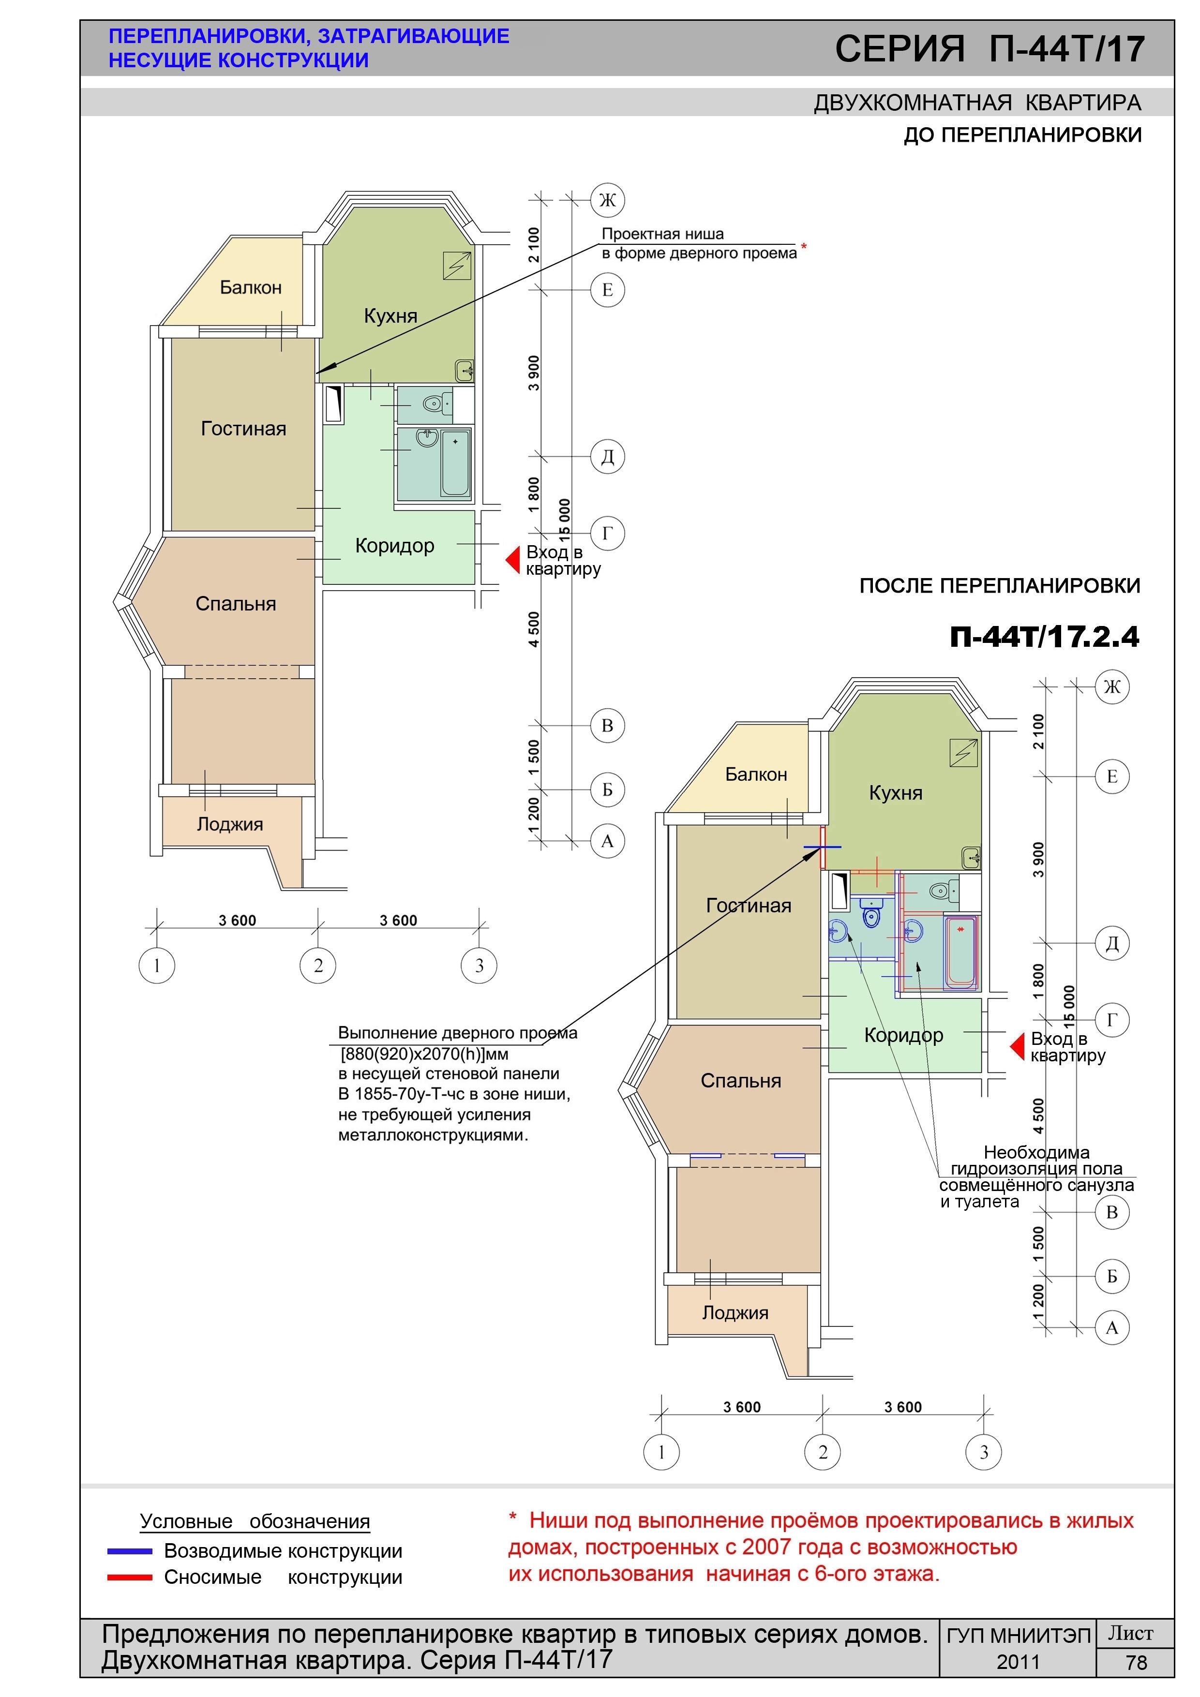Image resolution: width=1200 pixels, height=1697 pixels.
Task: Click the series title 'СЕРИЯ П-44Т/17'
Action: pyautogui.click(x=990, y=49)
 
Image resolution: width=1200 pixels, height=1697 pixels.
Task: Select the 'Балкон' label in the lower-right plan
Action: pyautogui.click(x=756, y=774)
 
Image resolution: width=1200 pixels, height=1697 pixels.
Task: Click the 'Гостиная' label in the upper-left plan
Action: pyautogui.click(x=243, y=429)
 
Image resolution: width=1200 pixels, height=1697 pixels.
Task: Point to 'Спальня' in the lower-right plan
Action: pyautogui.click(x=741, y=1081)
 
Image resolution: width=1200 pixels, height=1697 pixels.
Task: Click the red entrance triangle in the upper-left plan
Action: pyautogui.click(x=513, y=560)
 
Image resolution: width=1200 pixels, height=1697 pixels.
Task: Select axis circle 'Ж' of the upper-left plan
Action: pyautogui.click(x=607, y=200)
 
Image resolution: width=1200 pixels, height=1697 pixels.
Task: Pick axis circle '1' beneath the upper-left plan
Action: pyautogui.click(x=157, y=965)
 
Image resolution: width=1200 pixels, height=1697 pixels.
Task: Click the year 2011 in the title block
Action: pyautogui.click(x=1018, y=1662)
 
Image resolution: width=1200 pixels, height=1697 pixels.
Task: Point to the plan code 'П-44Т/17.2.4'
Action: pyautogui.click(x=1045, y=637)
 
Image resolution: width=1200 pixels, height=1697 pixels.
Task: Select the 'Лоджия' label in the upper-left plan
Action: pyautogui.click(x=230, y=824)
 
